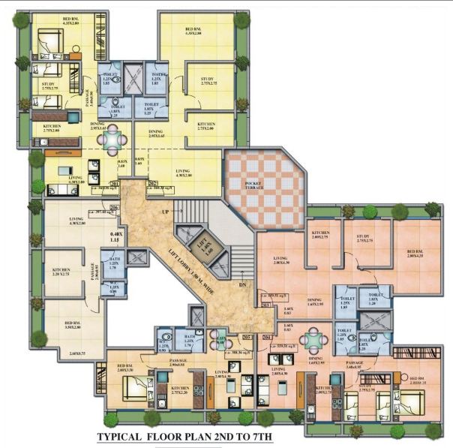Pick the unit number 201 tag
point(114,183)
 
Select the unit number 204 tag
point(268,338)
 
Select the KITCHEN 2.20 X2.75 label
point(65,274)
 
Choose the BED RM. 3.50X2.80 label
point(76,325)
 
